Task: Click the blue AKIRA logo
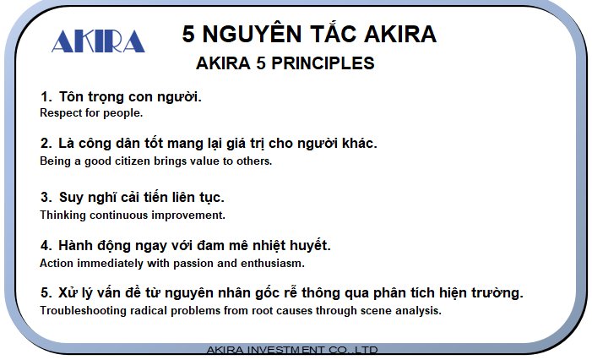pos(98,41)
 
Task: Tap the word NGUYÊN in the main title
pos(252,33)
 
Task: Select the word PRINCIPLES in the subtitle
pos(323,63)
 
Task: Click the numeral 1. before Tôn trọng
pos(46,96)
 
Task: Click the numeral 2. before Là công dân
pos(46,144)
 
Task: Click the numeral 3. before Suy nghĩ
pos(46,197)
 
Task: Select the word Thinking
pos(63,215)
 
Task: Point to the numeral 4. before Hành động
pos(46,246)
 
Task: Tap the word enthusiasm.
pos(273,263)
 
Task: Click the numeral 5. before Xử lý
pos(46,292)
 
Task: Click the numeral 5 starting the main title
pos(188,34)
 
